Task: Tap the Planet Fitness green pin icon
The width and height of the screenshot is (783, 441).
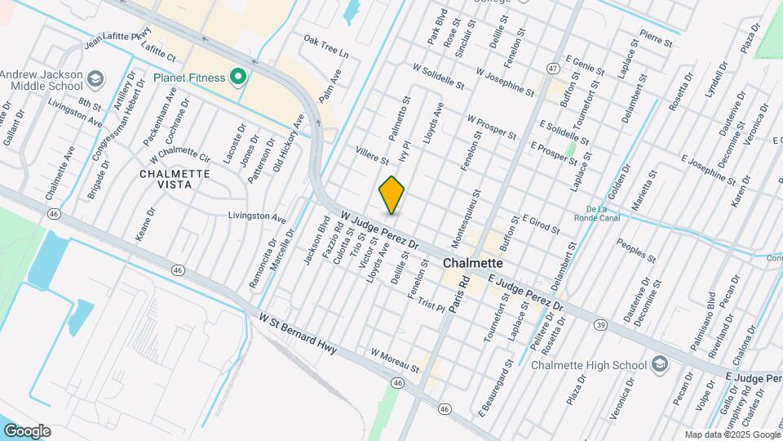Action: tap(238, 78)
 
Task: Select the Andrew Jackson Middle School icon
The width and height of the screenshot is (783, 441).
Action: tap(95, 79)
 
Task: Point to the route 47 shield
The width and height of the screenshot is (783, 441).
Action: tap(553, 67)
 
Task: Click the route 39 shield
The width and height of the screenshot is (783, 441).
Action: tap(600, 324)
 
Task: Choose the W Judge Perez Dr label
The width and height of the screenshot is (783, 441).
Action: tap(379, 231)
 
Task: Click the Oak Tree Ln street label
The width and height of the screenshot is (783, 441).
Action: tap(325, 46)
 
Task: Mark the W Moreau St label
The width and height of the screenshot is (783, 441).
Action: tap(395, 362)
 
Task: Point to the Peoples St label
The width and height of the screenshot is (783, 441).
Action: tap(636, 252)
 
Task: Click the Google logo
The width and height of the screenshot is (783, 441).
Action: tap(27, 431)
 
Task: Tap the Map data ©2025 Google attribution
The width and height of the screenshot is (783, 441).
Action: tap(732, 435)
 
